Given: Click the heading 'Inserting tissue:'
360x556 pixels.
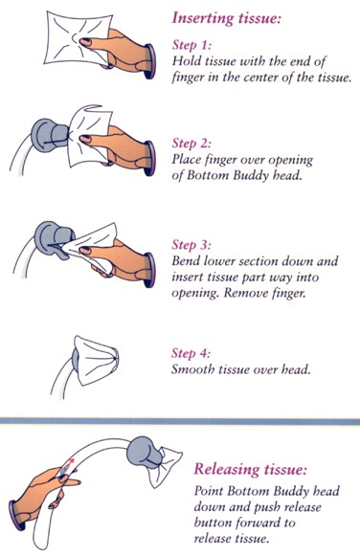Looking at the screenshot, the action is click(226, 18).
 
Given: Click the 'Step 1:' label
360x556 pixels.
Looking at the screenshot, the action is click(191, 45).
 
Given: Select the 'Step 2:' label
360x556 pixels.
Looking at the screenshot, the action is click(191, 144).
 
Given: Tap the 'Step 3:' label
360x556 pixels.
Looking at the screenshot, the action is click(191, 245).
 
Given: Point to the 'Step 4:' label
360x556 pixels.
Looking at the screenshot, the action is click(191, 353).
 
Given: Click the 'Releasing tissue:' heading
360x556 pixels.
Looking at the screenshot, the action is click(250, 470).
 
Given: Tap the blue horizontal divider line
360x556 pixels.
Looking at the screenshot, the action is click(180, 421).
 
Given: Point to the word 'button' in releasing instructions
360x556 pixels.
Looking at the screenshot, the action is click(213, 523).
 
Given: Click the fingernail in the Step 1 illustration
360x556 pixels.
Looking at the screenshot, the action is click(85, 42).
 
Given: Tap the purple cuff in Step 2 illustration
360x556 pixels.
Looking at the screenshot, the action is click(150, 158).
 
